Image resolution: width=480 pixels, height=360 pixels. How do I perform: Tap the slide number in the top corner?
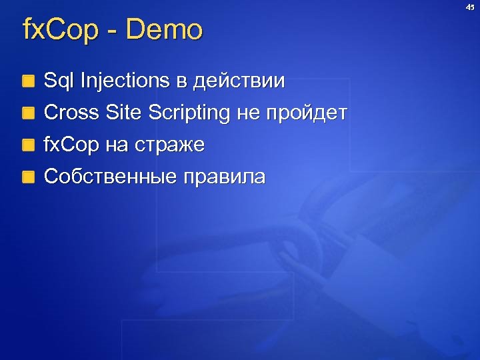pyautogui.click(x=469, y=7)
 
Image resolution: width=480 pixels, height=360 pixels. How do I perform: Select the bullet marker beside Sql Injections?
pyautogui.click(x=27, y=82)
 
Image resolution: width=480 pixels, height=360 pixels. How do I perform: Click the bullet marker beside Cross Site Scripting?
pyautogui.click(x=27, y=113)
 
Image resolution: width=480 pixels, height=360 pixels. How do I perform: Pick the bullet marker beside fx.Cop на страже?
pyautogui.click(x=27, y=145)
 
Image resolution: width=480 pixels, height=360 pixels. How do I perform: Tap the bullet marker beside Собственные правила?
pyautogui.click(x=27, y=177)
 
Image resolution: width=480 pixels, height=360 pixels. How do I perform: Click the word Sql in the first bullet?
pyautogui.click(x=59, y=81)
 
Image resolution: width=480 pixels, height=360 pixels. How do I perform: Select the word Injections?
pyautogui.click(x=125, y=81)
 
